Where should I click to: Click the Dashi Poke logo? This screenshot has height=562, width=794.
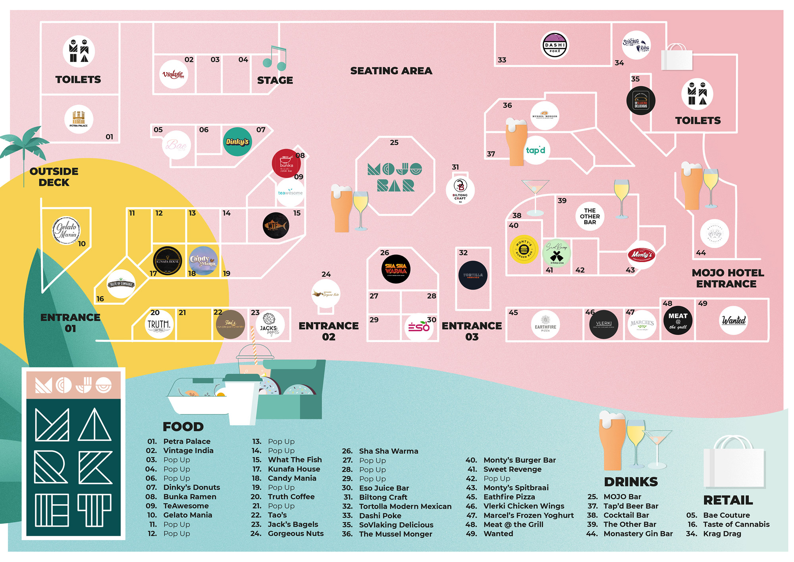point(555,45)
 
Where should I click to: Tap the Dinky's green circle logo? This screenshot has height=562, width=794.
point(237,142)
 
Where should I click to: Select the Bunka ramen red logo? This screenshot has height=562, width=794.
point(286,163)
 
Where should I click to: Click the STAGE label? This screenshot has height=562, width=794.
point(275,80)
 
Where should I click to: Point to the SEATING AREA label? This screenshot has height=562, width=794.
point(391,71)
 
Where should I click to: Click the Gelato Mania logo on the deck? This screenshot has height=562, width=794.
point(66,230)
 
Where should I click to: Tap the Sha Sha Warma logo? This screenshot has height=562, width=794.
point(396,269)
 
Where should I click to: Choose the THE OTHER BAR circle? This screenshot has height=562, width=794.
point(590,216)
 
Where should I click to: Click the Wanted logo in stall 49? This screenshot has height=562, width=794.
point(733,320)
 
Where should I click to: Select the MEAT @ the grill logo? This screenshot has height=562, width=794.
point(678,321)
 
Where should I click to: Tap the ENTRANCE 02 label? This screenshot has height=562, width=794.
point(328,331)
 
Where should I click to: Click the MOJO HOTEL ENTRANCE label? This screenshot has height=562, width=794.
point(727,278)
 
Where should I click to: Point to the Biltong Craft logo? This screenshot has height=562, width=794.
point(460,190)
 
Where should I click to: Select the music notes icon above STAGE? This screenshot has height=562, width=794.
point(275,58)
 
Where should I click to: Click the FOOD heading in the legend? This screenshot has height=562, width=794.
point(183,427)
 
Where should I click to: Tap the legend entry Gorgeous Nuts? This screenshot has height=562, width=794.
point(295,533)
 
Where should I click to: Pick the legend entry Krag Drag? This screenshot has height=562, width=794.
point(722,533)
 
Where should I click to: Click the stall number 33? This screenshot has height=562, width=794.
point(502,60)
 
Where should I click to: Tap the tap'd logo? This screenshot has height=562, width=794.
point(535,150)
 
